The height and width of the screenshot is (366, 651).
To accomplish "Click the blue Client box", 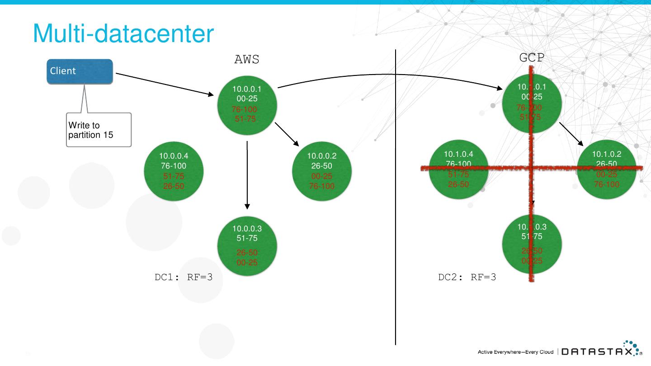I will click(80, 71).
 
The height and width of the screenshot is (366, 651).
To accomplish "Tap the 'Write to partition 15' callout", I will click(99, 130).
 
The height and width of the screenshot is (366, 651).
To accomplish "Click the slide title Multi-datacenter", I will click(123, 33).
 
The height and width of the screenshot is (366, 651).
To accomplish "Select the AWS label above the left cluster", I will click(247, 60).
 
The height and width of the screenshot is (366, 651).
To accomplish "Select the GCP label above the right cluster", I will click(532, 58).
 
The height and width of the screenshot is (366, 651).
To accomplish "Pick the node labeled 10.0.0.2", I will click(322, 170).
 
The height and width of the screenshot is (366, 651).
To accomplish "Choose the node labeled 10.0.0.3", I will click(247, 246).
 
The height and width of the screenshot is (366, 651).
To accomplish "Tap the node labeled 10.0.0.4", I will click(174, 170).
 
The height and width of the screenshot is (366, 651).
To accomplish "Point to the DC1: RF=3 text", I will click(184, 277).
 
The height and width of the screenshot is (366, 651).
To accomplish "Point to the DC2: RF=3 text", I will click(467, 277).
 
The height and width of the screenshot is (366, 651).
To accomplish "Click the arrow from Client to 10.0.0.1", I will click(165, 84).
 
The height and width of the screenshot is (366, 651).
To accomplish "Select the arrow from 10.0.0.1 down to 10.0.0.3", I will click(247, 176).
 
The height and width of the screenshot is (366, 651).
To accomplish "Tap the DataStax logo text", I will click(597, 352).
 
